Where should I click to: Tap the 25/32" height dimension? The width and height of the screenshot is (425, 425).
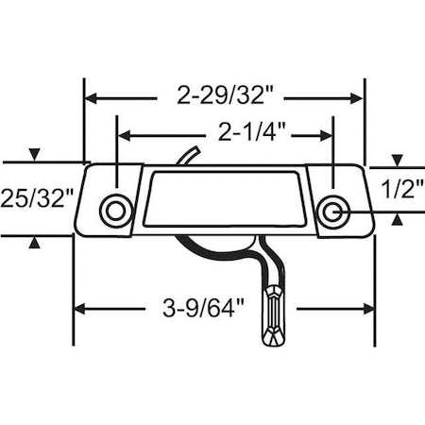(x=35, y=198)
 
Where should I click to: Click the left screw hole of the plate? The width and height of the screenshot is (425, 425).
(x=115, y=210)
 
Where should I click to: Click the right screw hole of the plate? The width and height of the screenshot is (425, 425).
(x=331, y=212)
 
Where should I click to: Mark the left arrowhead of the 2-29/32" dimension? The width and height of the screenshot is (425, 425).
(x=92, y=96)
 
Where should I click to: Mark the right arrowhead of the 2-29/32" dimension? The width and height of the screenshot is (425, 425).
(x=358, y=96)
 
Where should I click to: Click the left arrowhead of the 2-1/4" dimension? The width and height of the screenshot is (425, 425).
(x=123, y=134)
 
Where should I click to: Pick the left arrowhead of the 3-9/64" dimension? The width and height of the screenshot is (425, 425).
(x=81, y=308)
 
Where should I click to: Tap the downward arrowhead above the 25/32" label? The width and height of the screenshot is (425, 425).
(x=35, y=155)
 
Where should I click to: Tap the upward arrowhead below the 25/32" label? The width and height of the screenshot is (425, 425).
(x=35, y=244)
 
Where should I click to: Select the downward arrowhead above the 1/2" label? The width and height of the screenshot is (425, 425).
(x=398, y=159)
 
